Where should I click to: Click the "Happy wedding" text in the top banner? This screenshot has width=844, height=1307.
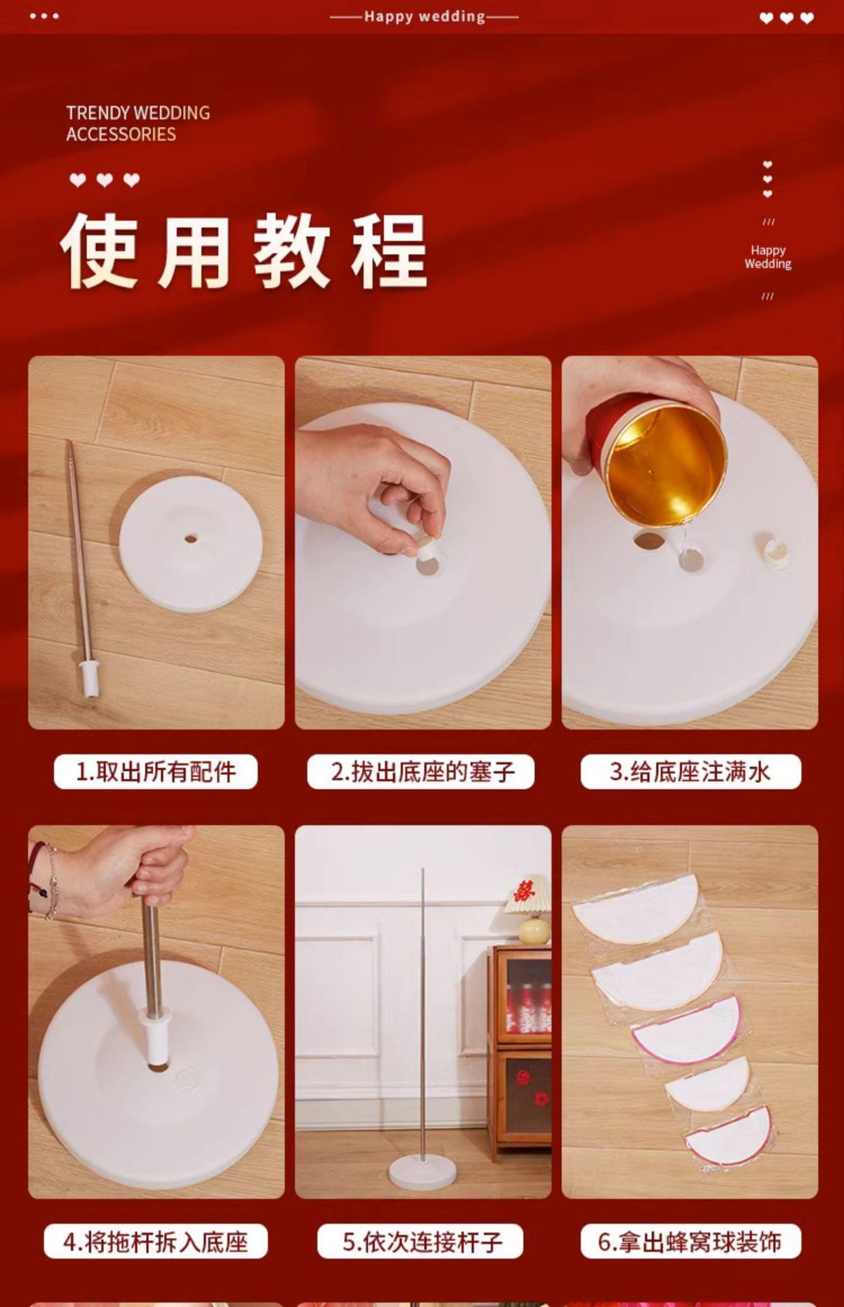click(x=425, y=16)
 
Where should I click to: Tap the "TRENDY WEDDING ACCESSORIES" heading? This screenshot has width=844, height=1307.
click(x=138, y=123)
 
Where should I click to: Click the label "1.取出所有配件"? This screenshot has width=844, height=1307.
click(x=156, y=772)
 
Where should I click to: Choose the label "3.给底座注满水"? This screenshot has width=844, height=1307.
click(x=690, y=772)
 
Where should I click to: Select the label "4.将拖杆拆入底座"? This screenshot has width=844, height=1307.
click(x=156, y=1242)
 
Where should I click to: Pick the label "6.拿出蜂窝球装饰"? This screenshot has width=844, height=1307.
click(x=690, y=1242)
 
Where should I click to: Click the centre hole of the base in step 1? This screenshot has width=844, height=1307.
click(x=191, y=539)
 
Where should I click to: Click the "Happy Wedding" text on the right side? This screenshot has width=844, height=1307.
click(x=768, y=257)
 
